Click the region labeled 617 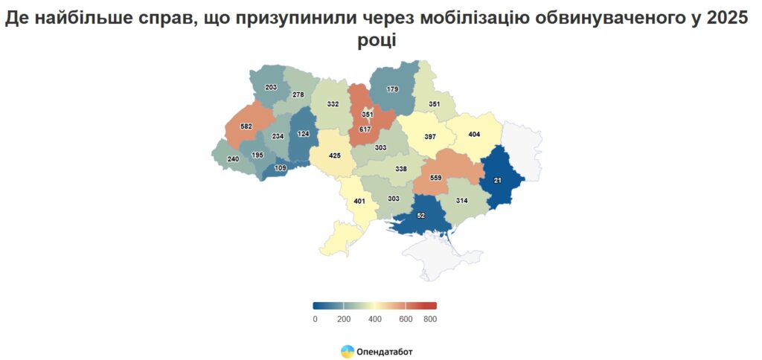click(365, 129)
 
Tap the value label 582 click(246, 126)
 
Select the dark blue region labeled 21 click(497, 181)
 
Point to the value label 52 click(420, 215)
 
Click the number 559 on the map click(437, 178)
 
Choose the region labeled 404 click(474, 135)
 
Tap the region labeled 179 click(392, 89)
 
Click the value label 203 click(271, 88)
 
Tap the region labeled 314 click(461, 202)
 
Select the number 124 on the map click(304, 134)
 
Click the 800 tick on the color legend click(430, 319)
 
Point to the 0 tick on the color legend click(315, 319)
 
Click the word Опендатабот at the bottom click(385, 351)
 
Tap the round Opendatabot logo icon click(348, 351)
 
